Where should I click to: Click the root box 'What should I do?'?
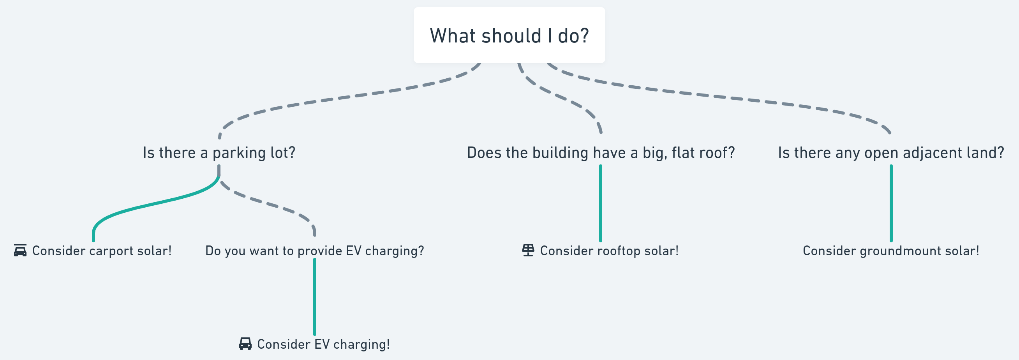tap(509, 35)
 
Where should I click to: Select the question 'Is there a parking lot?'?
tap(219, 153)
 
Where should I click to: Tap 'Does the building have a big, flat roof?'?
tap(601, 153)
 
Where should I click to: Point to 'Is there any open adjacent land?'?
tap(891, 153)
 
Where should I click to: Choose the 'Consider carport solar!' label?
tap(102, 251)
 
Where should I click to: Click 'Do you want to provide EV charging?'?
tap(314, 251)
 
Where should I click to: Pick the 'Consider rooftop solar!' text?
tap(609, 251)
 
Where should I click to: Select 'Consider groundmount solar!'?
tap(891, 251)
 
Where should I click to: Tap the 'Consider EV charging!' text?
tap(323, 344)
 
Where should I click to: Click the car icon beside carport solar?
tap(20, 251)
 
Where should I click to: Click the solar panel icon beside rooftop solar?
tap(528, 251)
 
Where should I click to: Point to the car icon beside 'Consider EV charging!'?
tap(245, 344)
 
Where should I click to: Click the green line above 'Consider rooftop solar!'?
tap(601, 203)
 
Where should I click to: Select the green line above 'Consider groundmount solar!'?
tap(891, 203)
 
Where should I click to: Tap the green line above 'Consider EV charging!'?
tap(314, 297)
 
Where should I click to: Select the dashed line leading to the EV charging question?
tap(269, 204)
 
